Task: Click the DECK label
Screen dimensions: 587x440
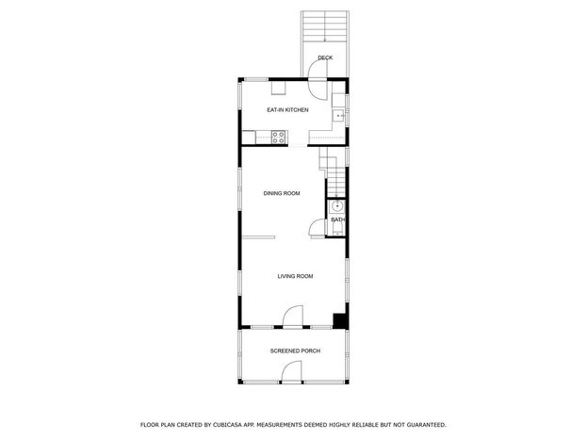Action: tap(325, 57)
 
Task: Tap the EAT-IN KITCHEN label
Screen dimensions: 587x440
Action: tap(287, 109)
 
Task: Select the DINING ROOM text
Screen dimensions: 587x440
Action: tap(282, 193)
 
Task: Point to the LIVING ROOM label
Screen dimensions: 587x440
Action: tap(295, 276)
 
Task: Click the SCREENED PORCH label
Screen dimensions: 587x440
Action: tap(295, 350)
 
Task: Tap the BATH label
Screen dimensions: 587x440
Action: tap(337, 220)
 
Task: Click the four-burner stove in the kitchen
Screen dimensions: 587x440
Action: tap(279, 137)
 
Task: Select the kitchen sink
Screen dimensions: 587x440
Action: tap(339, 116)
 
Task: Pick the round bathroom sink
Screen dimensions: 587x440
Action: tap(337, 205)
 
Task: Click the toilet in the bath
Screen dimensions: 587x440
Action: tap(338, 229)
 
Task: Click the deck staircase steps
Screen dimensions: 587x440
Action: tap(325, 26)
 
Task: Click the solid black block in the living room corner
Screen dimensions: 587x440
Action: tap(340, 321)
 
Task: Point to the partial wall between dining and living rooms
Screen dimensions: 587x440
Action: tap(258, 237)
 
